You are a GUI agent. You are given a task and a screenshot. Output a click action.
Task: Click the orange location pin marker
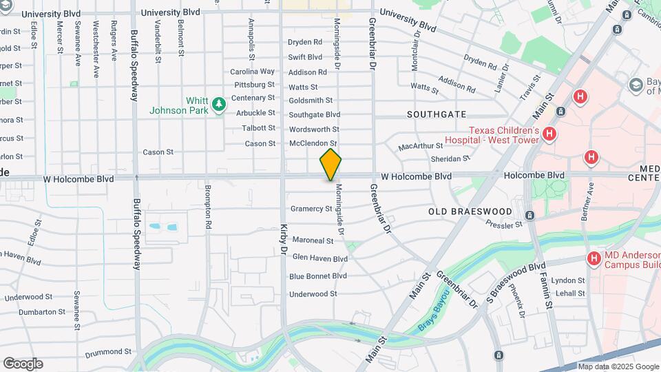[x=330, y=164]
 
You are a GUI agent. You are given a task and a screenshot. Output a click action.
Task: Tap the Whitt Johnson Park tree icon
[x=219, y=104]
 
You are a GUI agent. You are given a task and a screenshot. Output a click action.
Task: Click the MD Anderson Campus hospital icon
[x=594, y=259]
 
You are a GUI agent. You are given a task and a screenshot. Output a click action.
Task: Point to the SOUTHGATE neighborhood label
[x=437, y=114]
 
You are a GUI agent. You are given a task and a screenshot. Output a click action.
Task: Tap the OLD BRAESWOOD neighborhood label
[x=470, y=211]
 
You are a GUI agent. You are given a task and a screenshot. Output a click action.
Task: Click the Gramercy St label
[x=311, y=209]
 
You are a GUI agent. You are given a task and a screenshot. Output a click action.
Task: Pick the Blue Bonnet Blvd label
[x=317, y=276]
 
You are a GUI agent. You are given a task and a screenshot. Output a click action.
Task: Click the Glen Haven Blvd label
[x=319, y=258]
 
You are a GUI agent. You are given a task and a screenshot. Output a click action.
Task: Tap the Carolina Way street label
[x=252, y=72]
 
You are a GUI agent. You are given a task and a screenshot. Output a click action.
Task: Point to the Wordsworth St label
[x=314, y=130]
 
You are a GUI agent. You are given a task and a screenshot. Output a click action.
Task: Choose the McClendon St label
[x=312, y=143]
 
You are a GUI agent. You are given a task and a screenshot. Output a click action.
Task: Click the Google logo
[x=23, y=364]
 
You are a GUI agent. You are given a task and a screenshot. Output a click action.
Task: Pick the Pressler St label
[x=504, y=225]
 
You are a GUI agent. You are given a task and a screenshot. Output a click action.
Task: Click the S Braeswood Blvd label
[x=516, y=274]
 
